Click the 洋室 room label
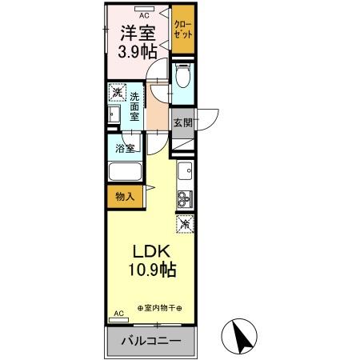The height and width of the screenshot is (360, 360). tap(138, 33)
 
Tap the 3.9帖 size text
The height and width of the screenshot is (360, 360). tap(137, 52)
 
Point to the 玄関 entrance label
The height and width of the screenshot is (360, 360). tap(182, 123)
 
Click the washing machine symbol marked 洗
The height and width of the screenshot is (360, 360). tap(117, 93)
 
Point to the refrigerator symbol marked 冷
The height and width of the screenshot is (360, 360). tap(184, 225)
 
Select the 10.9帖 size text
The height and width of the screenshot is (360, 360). tap(149, 271)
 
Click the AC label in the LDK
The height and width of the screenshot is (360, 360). tap(119, 314)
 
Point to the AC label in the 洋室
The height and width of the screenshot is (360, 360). tap(144, 14)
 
